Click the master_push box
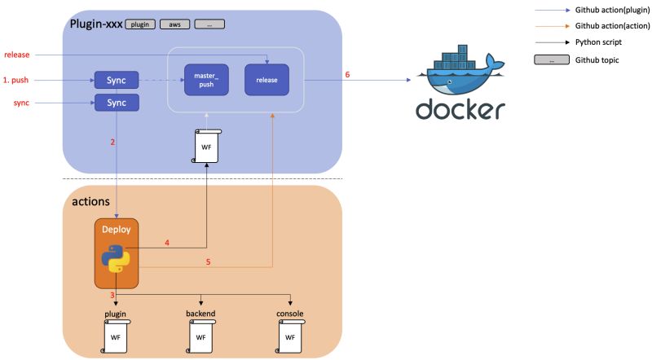point(206,80)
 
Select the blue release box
point(267,80)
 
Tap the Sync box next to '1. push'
point(117,81)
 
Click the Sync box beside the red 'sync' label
point(117,103)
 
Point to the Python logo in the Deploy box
point(116,258)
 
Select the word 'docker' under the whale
point(460,109)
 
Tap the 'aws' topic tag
point(174,24)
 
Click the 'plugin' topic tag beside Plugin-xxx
point(139,24)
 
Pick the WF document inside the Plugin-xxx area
point(206,147)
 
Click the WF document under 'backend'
point(200,336)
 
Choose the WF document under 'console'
point(290,336)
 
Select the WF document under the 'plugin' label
point(116,336)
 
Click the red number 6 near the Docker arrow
point(347,75)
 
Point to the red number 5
point(209,262)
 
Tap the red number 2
point(112,143)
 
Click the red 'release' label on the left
point(16,55)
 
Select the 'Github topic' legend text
point(597,60)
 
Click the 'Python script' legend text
point(598,42)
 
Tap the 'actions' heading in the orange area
point(90,202)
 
